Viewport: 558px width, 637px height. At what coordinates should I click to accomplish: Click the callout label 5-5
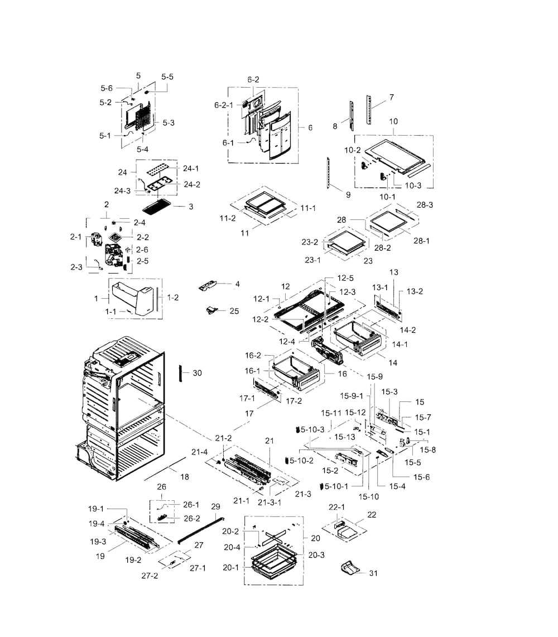point(167,76)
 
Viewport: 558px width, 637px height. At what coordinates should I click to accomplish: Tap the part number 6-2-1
point(224,105)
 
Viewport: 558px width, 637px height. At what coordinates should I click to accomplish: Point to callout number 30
point(197,372)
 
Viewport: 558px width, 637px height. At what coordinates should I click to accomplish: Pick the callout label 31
point(373,573)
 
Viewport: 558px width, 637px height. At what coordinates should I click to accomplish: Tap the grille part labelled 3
point(157,207)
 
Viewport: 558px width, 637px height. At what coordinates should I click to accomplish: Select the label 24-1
point(190,168)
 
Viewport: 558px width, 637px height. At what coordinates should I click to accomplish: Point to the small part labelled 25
point(211,311)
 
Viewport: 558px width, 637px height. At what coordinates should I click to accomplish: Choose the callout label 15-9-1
point(352,395)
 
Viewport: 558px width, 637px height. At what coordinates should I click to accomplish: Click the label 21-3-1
point(270,502)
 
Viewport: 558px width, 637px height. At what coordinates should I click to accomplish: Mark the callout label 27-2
point(150,575)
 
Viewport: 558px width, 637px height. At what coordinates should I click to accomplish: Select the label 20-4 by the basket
point(232,547)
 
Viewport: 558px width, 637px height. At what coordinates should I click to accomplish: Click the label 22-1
point(336,507)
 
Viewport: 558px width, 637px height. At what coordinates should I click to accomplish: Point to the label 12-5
point(345,278)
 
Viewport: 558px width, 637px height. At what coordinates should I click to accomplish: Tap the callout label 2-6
point(142,250)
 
